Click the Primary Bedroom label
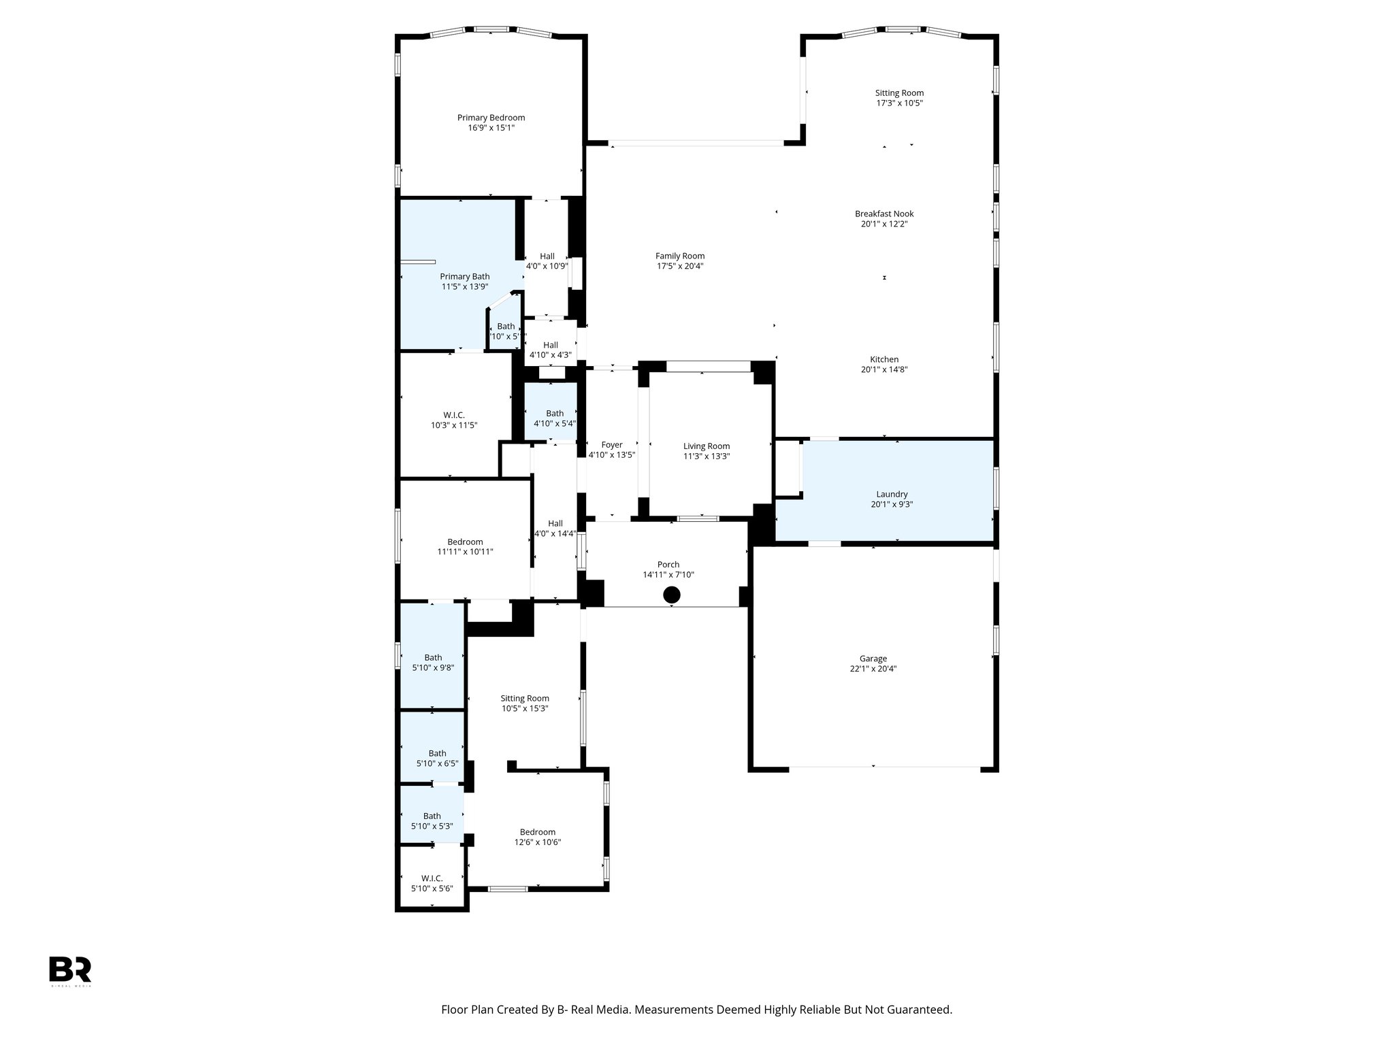[x=491, y=118]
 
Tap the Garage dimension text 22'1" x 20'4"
[x=873, y=669]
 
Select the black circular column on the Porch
[x=672, y=595]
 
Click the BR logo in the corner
[x=70, y=969]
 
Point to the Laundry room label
[x=891, y=494]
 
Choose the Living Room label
[x=707, y=446]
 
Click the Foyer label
[x=612, y=445]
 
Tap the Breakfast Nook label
[x=884, y=214]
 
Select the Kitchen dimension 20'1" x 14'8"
[x=884, y=370]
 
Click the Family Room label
[x=680, y=256]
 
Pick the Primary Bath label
[x=464, y=276]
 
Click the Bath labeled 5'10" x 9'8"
[x=433, y=657]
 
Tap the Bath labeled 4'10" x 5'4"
[x=555, y=413]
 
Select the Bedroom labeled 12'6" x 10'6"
[x=538, y=832]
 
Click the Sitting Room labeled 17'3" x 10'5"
[x=899, y=93]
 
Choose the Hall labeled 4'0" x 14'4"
[x=555, y=523]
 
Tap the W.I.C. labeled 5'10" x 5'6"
[x=432, y=878]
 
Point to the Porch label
[x=668, y=564]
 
